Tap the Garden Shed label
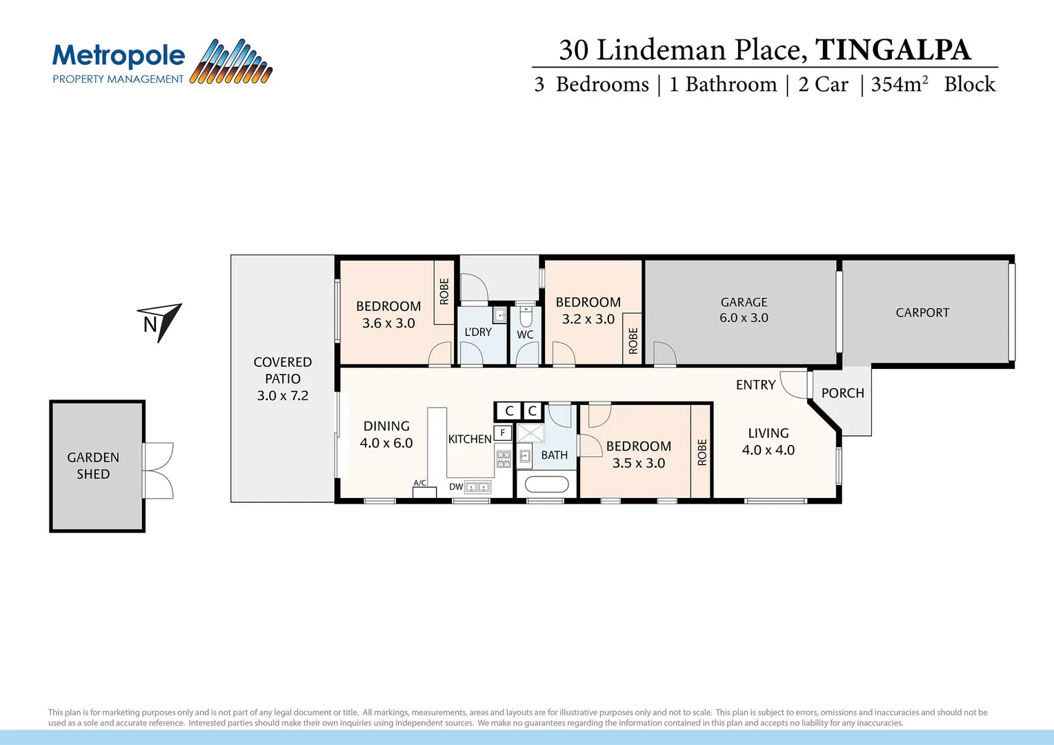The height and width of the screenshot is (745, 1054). [93, 466]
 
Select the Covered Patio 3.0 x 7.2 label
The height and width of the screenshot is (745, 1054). [283, 379]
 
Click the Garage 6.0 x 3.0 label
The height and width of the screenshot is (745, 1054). [744, 310]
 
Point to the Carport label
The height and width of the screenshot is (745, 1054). [922, 312]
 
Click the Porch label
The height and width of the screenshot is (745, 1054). [842, 393]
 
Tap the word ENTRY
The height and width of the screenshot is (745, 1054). [755, 385]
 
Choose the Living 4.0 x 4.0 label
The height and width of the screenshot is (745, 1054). [768, 441]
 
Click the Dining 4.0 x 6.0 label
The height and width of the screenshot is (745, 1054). [386, 435]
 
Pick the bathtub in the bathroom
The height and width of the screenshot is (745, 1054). [546, 484]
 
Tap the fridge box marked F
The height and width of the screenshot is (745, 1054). [503, 433]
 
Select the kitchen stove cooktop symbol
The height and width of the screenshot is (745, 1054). [504, 459]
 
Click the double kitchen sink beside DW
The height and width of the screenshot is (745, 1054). [477, 487]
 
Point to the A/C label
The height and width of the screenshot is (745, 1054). [419, 483]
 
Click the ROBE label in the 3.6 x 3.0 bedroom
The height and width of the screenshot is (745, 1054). [444, 291]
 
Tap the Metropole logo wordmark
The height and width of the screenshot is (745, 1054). [119, 56]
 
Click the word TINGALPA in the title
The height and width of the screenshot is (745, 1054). [893, 50]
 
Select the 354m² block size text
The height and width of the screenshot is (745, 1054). [899, 84]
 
